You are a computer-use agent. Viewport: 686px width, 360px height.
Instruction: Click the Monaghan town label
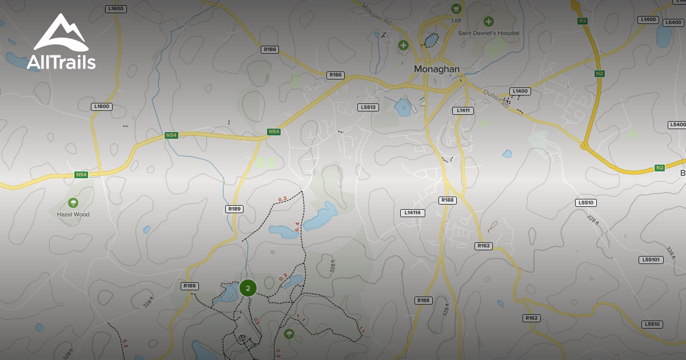point(437,69)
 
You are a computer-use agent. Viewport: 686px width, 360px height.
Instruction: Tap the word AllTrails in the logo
point(61,62)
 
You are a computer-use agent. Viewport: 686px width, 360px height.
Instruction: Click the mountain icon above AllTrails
point(61,34)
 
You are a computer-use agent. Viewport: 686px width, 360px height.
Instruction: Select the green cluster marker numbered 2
point(248,288)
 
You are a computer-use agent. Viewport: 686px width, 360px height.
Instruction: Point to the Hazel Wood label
point(73,214)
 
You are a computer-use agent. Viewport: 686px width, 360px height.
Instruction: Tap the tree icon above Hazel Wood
point(73,202)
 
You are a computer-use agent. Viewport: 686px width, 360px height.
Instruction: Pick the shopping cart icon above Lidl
point(456,9)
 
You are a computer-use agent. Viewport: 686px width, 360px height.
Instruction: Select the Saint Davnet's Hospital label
point(489,33)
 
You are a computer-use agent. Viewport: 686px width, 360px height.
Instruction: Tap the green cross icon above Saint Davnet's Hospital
point(489,22)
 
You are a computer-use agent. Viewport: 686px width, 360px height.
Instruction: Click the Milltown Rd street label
point(376,15)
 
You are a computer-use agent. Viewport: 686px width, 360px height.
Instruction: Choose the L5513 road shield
point(369,107)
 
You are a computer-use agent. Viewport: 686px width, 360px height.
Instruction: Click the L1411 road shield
point(463,110)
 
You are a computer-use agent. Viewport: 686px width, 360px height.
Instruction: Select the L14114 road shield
point(412,213)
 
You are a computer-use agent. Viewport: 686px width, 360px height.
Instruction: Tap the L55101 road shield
point(651,259)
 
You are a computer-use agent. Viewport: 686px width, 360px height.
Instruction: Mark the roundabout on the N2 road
point(584,146)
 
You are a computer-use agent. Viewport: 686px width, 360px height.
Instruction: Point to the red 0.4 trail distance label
point(297,226)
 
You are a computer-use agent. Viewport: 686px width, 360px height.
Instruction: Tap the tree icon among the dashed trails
point(289,333)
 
